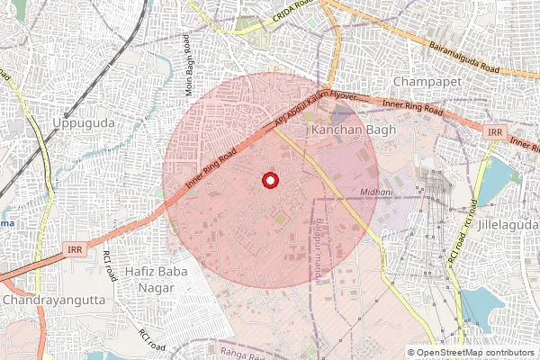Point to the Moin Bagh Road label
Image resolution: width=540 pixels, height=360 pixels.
[x=189, y=65]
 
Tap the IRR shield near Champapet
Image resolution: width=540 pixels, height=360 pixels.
[x=494, y=132]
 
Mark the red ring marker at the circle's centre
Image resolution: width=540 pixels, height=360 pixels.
[x=269, y=180]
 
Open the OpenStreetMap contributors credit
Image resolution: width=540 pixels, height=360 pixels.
[x=470, y=353]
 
